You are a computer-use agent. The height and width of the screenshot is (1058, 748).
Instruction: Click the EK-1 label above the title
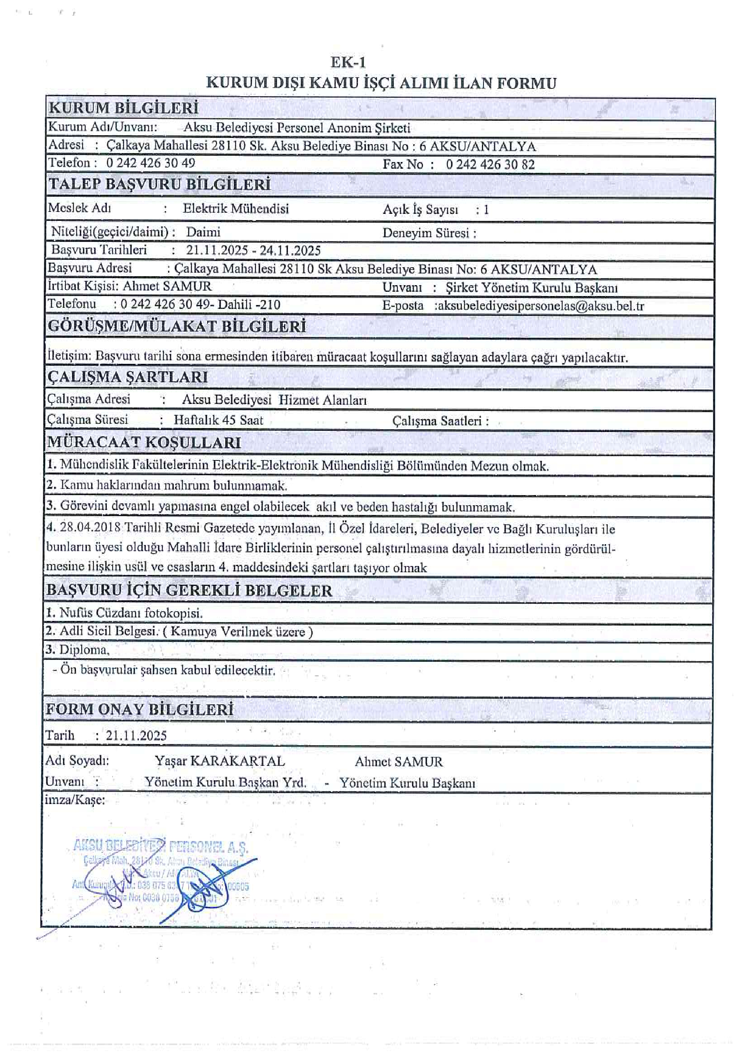pos(348,62)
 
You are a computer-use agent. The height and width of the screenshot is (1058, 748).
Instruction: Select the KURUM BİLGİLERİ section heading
pos(123,108)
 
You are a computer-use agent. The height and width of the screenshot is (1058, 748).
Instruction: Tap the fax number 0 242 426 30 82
pos(490,164)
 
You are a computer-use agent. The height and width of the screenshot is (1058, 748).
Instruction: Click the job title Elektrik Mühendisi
pos(236,209)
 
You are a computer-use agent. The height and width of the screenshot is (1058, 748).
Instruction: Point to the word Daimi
pos(203,232)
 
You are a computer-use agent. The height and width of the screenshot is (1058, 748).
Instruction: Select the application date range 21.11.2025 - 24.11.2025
pos(253,251)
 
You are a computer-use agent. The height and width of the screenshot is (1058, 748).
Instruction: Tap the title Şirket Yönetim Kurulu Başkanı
pos(531,288)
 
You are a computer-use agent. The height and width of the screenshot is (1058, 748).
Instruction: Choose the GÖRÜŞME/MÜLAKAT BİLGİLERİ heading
pos(177,327)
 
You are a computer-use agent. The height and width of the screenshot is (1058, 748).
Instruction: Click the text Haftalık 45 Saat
pos(218,420)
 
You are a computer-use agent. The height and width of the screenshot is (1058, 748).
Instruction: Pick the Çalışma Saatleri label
pos(440,421)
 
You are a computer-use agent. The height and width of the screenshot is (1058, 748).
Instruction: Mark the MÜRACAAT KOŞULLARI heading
pos(144,443)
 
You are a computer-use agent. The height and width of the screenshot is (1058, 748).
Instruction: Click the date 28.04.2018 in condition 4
pos(90,528)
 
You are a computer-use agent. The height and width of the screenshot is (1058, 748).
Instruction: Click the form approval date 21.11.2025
pos(136,736)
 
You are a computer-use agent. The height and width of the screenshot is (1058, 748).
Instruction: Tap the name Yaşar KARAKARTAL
pos(220,761)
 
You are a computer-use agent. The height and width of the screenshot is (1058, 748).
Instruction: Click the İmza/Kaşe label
pos(75,800)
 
